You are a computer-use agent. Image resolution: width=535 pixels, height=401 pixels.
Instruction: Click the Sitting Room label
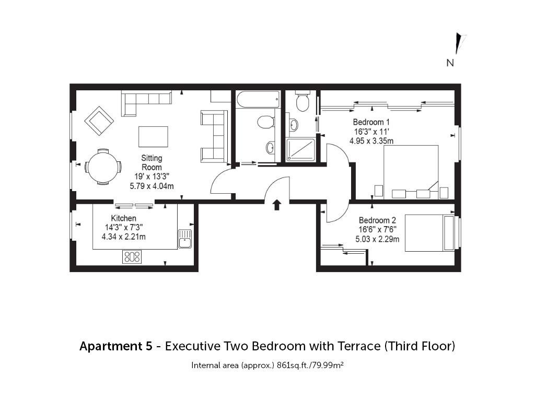point(152,163)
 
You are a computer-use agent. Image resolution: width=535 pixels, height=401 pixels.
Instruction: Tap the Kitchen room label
point(123,218)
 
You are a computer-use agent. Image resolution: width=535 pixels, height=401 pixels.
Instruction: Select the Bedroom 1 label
point(371,122)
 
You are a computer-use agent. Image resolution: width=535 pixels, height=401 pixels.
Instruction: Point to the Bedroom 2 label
point(377,220)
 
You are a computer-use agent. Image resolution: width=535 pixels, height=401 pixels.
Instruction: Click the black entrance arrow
point(277,205)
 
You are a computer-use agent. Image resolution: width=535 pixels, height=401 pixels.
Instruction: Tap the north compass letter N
point(450,63)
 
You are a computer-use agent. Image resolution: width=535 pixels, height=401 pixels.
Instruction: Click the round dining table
point(103,167)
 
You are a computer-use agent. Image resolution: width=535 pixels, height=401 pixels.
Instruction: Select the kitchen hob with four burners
point(132,257)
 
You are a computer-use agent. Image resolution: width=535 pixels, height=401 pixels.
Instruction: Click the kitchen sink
point(185,239)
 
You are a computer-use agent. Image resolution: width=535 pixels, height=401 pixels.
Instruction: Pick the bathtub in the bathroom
point(258,99)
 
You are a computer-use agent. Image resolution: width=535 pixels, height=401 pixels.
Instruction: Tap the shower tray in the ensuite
point(300,150)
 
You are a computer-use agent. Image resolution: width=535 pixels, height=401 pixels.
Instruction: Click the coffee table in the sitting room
point(153,137)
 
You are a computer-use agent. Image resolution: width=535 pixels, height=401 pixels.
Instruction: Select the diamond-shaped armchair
point(99,121)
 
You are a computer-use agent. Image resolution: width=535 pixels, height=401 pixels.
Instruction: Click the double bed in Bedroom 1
point(411,172)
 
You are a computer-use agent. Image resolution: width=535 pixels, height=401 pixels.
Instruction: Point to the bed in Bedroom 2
point(430,233)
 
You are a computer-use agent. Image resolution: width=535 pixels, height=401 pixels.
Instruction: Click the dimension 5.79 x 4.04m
point(152,186)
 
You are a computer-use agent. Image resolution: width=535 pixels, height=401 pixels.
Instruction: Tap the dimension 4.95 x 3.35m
point(371,141)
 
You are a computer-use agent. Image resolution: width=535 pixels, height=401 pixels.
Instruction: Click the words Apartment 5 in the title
point(116,346)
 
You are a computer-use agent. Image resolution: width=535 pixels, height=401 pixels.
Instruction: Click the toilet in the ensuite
point(303,101)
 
